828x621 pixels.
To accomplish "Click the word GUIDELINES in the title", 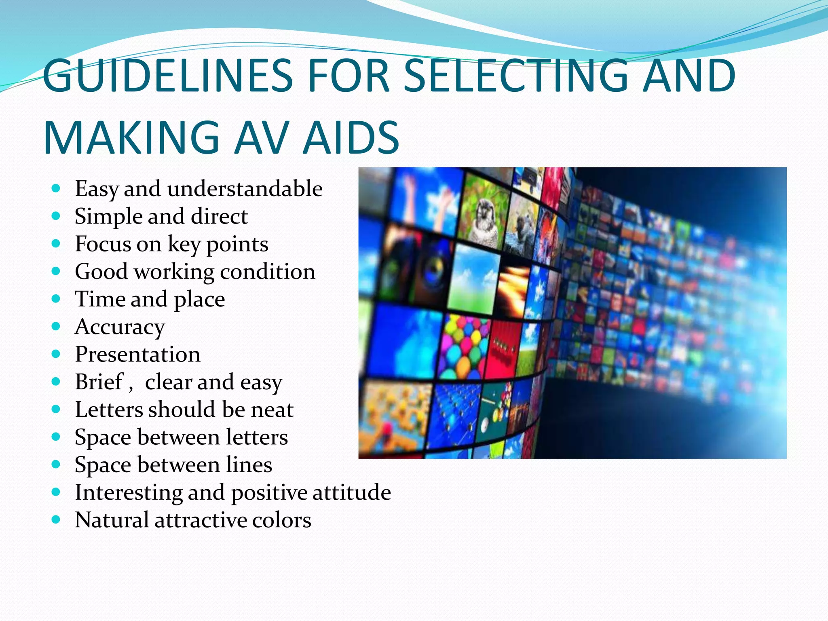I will coord(167,75).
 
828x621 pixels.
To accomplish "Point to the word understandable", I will coord(245,189).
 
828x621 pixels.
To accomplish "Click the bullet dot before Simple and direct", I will coord(56,216).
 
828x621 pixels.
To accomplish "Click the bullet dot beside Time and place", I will coord(56,299).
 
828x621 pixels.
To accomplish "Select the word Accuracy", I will coord(120,327).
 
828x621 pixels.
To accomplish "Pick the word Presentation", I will coord(137,354).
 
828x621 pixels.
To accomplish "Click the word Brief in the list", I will coord(99,382).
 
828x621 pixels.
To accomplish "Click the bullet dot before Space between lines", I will coord(56,464).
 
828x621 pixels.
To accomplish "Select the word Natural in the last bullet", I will coord(112,520).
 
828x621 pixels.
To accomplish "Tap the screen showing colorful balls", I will coord(465,348).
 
